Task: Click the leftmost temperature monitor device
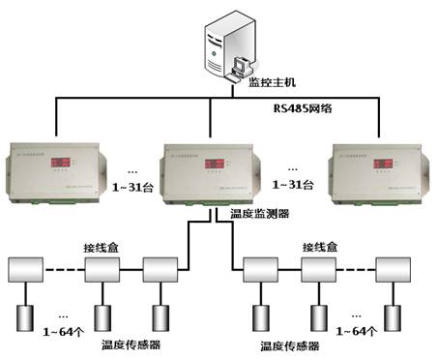pyautogui.click(x=57, y=165)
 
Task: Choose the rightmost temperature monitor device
pyautogui.click(x=374, y=165)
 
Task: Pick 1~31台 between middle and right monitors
pyautogui.click(x=291, y=183)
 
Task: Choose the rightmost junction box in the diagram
pyautogui.click(x=393, y=270)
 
